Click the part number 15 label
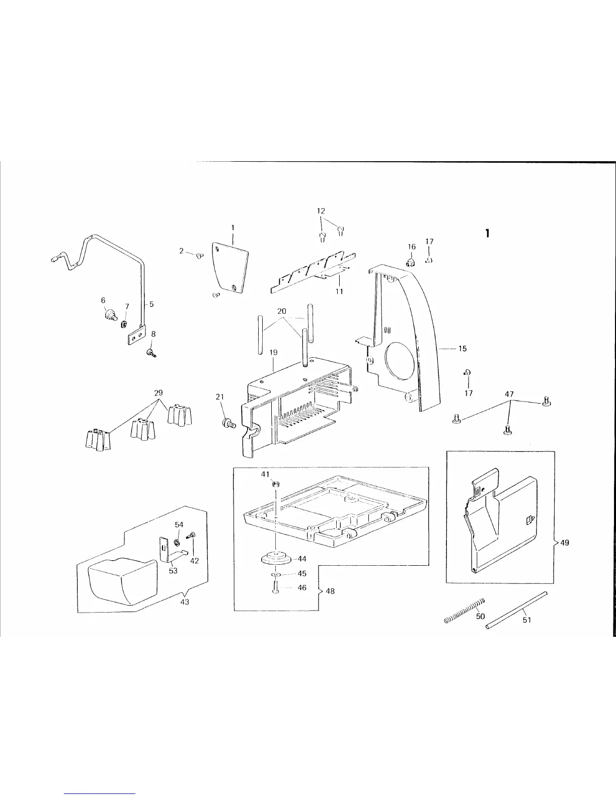tap(463, 349)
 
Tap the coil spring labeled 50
tap(464, 611)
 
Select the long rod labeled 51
tap(516, 611)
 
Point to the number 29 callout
tap(158, 393)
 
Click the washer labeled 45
tap(276, 574)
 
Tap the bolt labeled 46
tap(275, 587)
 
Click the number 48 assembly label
tap(330, 591)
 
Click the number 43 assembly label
tap(185, 602)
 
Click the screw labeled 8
tap(151, 354)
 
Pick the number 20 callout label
tap(282, 312)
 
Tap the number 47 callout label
tap(509, 394)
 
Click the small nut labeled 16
tap(411, 261)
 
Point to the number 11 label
tap(339, 291)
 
